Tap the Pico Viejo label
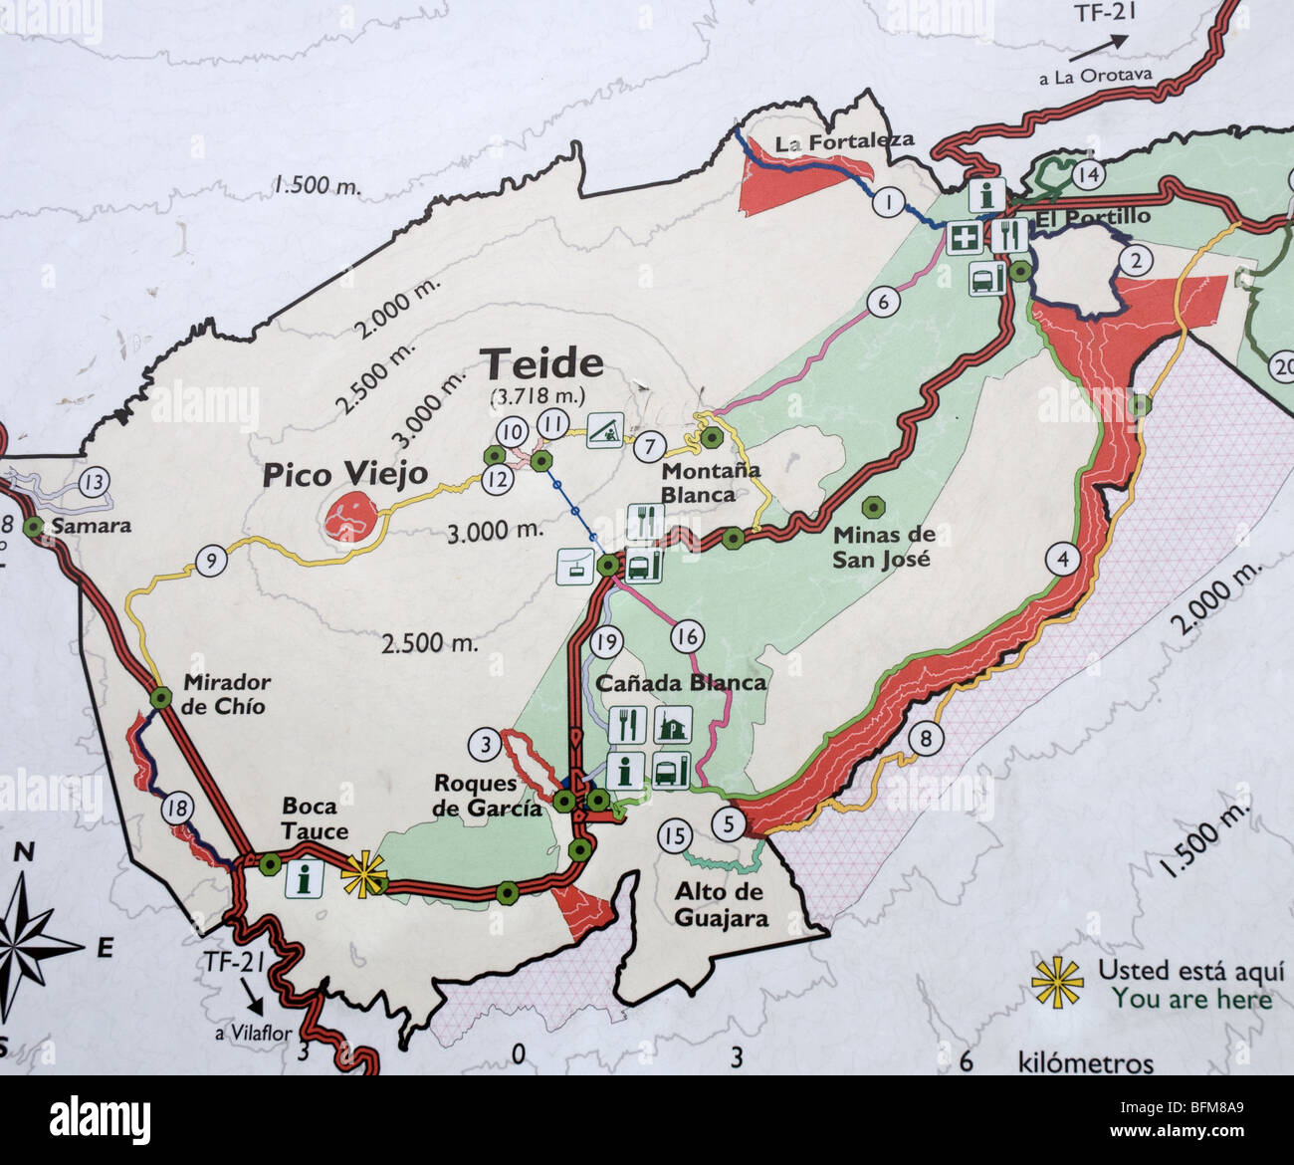(x=344, y=475)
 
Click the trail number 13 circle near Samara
(x=95, y=484)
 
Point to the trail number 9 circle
(x=211, y=562)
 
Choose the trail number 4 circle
(x=1064, y=560)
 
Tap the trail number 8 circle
(x=926, y=739)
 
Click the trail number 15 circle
(x=675, y=834)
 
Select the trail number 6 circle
(x=882, y=301)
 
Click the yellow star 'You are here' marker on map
(x=363, y=876)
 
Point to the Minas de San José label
(x=881, y=547)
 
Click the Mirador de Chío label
(x=224, y=694)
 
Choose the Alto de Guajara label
(x=722, y=904)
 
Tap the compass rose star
(x=25, y=936)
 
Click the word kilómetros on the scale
(x=1085, y=1063)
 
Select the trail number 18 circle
(x=179, y=809)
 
